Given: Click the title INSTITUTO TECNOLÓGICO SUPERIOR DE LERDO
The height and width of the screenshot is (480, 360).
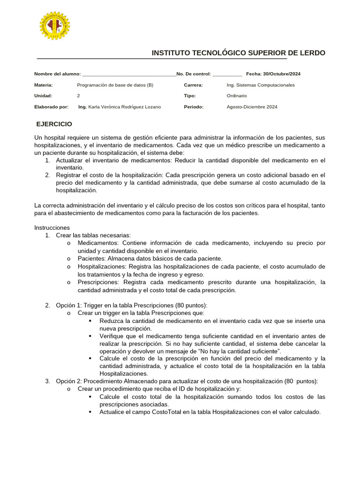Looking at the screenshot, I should point(238,53).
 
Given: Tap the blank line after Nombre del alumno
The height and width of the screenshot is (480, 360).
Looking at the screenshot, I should point(128,75).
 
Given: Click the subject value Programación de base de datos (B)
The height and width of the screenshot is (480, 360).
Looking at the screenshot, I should point(115,85).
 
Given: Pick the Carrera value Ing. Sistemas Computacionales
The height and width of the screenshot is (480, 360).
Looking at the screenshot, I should point(261,85).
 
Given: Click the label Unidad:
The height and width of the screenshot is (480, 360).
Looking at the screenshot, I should point(43,96).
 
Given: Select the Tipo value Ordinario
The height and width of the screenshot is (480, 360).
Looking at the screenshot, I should point(237,96).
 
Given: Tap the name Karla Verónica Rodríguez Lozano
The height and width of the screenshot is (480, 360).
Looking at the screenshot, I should point(124,107).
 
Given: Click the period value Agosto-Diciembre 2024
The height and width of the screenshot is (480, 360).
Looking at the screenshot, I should point(252,107).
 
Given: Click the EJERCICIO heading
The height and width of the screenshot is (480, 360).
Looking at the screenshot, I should point(54,124).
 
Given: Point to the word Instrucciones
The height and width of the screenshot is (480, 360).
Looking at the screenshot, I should point(52,227).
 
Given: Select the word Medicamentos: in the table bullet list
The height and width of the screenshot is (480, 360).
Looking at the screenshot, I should point(98,243).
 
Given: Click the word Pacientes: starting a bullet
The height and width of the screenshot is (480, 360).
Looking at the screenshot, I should point(91,258).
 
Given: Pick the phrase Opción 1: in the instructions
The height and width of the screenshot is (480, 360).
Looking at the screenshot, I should point(69,305).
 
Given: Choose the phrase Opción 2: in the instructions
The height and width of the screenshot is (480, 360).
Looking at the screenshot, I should point(69,382).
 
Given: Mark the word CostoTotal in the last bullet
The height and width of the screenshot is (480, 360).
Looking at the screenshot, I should point(168,412).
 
